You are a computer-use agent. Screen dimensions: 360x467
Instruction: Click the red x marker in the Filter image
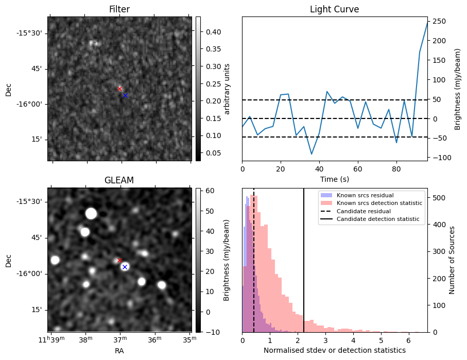120,89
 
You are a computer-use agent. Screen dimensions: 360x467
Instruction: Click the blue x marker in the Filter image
125,95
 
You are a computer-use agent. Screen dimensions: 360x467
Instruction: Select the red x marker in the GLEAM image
120,260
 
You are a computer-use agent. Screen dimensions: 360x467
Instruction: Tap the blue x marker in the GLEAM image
125,267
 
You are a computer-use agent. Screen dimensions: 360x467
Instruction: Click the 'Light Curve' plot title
334,9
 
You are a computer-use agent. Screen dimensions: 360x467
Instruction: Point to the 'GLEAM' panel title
119,180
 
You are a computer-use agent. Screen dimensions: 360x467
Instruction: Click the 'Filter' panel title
119,9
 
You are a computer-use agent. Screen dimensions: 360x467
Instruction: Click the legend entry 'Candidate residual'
363,211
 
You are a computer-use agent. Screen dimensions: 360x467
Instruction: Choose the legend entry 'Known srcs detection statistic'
379,203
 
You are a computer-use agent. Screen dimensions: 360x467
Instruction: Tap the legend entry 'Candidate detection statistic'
377,219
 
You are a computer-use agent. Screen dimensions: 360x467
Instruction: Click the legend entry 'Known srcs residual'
365,195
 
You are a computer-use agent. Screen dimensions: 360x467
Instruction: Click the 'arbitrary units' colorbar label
227,89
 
